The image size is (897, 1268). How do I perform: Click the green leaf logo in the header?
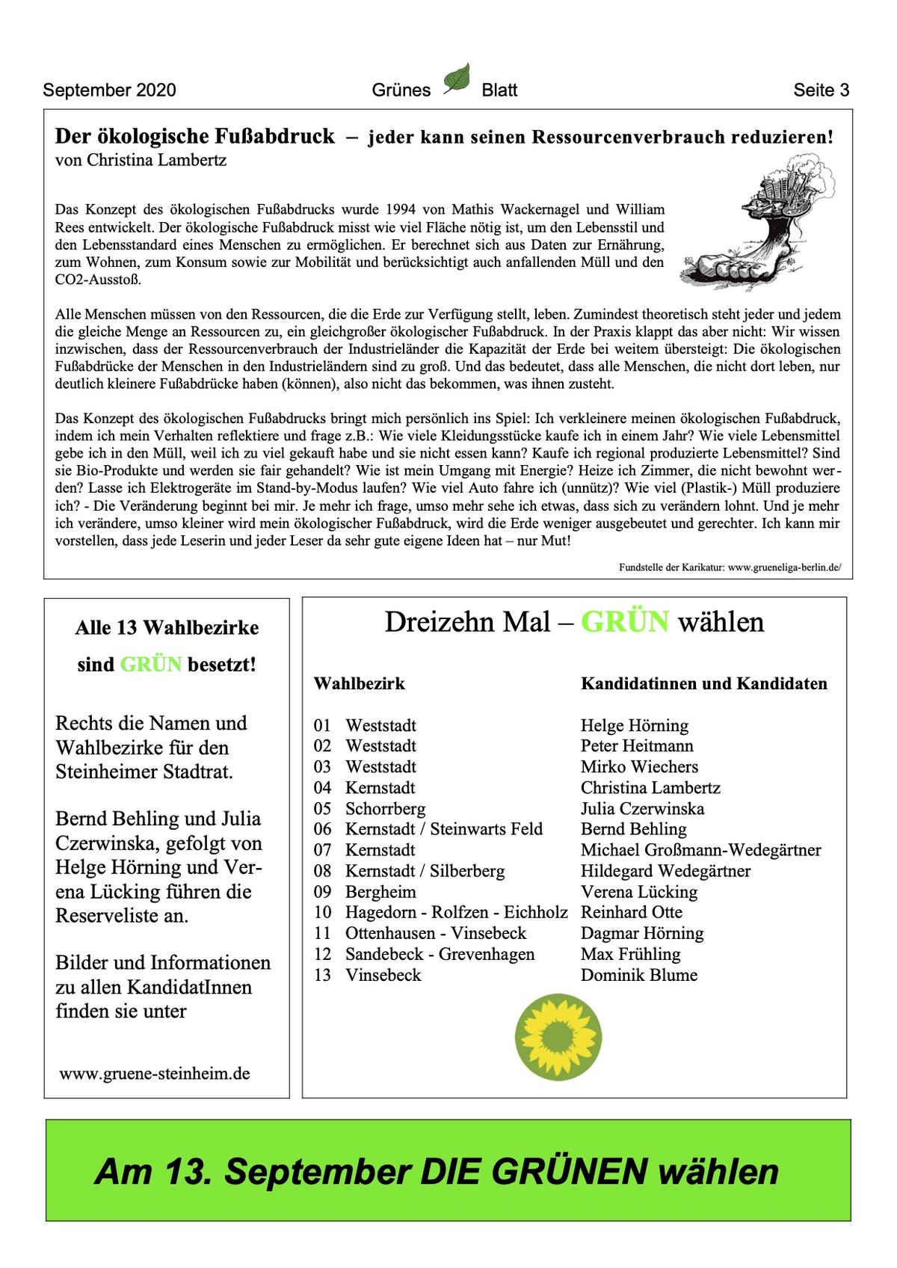[457, 79]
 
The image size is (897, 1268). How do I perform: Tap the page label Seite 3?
[821, 90]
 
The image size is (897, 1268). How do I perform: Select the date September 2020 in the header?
[109, 90]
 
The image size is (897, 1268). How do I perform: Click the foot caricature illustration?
[757, 227]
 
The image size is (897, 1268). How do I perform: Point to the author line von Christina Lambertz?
[141, 160]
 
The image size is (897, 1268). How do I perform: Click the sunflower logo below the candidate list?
[558, 1037]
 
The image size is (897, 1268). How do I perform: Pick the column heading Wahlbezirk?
[359, 683]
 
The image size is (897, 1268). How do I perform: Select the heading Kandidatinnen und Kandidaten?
[703, 683]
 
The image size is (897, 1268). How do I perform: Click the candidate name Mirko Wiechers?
[639, 767]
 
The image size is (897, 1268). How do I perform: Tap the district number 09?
[322, 892]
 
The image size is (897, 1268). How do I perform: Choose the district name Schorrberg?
[385, 809]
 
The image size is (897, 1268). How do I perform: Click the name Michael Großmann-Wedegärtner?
[700, 850]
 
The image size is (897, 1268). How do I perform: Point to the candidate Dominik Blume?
[638, 975]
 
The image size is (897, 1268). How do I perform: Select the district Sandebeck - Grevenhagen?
[440, 955]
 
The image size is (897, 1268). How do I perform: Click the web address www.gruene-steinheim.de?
[155, 1074]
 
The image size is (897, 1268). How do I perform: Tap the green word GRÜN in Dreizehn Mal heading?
[624, 622]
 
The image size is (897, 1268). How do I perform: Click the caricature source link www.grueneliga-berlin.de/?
[784, 567]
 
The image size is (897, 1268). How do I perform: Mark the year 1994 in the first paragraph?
[404, 209]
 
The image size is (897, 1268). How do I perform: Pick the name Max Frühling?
[630, 955]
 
